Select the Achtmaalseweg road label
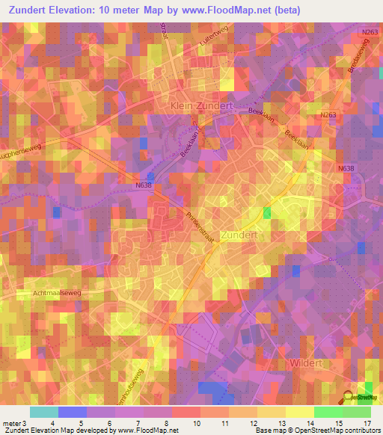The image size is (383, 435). (x=56, y=293)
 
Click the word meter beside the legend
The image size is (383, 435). (x=11, y=423)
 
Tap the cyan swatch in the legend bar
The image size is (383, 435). (x=44, y=412)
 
